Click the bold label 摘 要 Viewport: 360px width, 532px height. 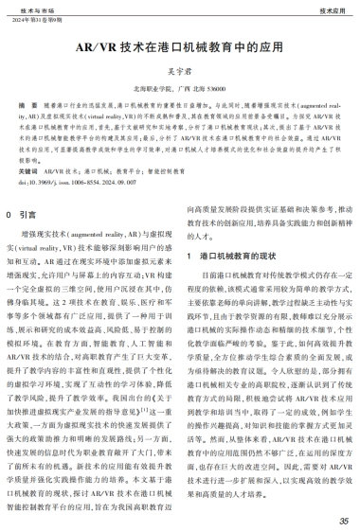(x=27, y=103)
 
